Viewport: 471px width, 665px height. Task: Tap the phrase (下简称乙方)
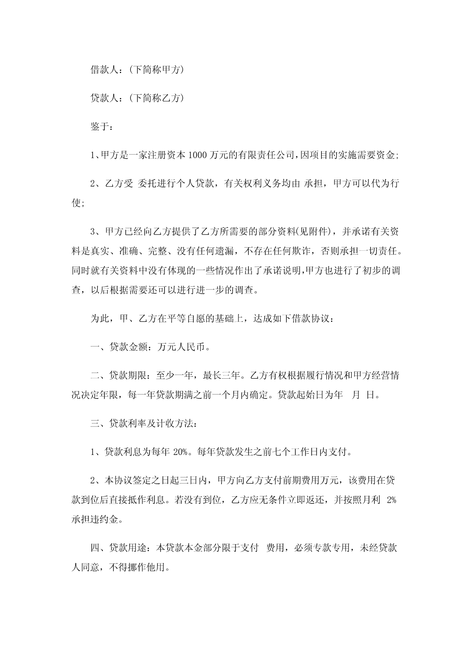pyautogui.click(x=156, y=98)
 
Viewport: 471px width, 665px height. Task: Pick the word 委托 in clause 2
pyautogui.click(x=147, y=184)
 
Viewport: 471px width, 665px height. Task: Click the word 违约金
pyautogui.click(x=109, y=519)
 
